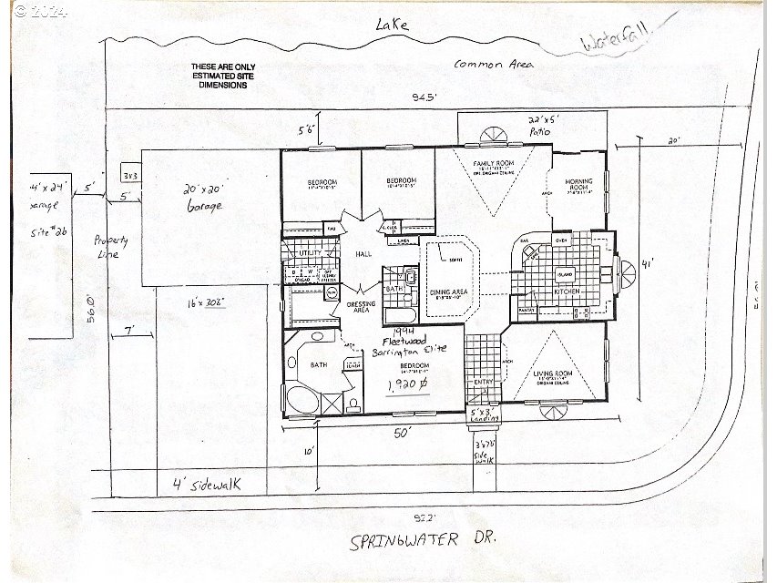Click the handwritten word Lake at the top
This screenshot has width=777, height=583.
pyautogui.click(x=394, y=26)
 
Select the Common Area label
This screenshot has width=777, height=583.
pyautogui.click(x=493, y=64)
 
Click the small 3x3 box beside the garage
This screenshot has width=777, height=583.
pyautogui.click(x=129, y=174)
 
